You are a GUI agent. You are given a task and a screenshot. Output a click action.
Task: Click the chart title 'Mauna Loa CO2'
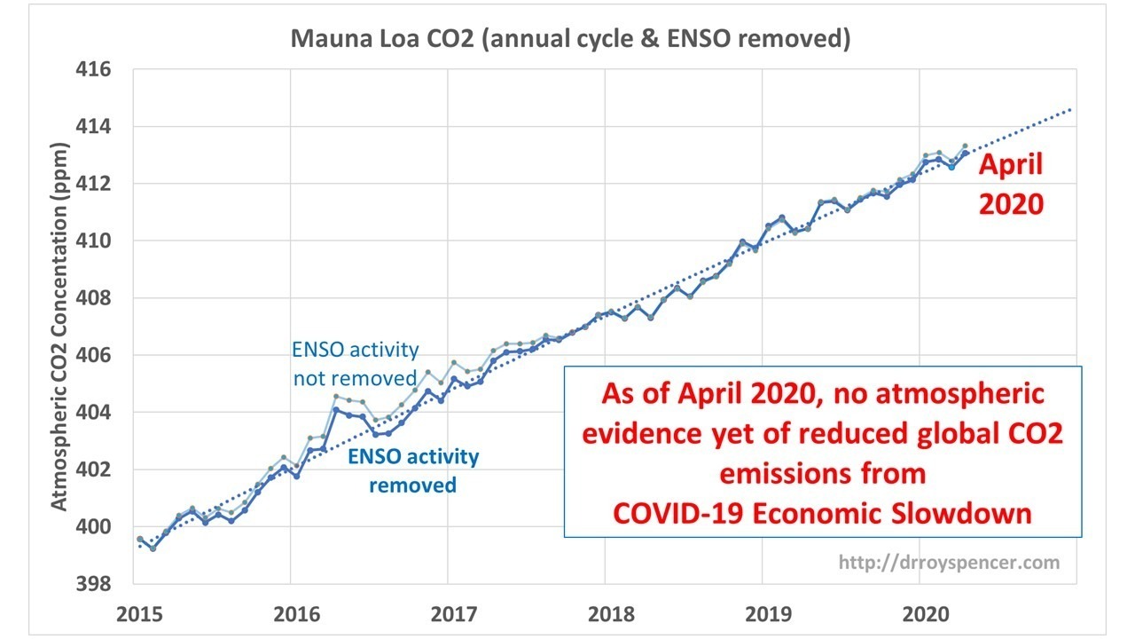coord(382,39)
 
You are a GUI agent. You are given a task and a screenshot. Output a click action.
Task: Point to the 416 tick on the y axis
coord(93,69)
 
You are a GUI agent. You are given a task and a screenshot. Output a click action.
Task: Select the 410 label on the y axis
coord(93,241)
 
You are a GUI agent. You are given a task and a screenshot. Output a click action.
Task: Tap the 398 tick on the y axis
coord(93,584)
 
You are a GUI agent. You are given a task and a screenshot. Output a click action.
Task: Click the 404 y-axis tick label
coord(93,413)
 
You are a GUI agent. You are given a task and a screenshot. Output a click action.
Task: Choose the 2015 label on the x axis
coord(139,614)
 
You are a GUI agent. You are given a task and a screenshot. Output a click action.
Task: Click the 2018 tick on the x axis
coord(611,614)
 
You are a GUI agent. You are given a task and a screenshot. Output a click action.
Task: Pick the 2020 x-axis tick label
coord(926,614)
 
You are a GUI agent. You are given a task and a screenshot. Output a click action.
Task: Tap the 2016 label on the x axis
coord(297,614)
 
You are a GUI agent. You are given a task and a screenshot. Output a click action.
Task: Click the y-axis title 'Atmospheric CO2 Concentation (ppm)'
coord(59,326)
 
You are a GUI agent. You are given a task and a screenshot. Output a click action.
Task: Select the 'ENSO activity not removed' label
coord(356,364)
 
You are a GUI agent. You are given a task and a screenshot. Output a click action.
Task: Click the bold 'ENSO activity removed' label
coord(413,470)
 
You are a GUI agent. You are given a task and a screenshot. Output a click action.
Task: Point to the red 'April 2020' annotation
coord(1011,184)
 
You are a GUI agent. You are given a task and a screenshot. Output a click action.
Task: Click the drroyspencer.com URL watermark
coord(949,563)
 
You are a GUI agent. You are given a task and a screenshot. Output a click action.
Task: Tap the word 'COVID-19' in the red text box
coord(678,513)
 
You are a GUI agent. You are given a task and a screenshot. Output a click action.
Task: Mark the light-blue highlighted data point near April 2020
coord(952,167)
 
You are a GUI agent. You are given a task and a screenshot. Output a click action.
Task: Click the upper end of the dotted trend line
coord(1070,109)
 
